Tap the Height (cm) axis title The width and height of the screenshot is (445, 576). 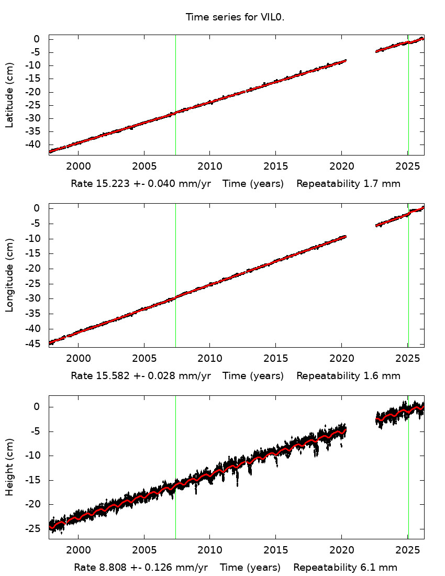coord(9,467)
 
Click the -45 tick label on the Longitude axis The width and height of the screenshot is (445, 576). coord(34,344)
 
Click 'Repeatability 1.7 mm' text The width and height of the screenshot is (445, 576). coord(348,184)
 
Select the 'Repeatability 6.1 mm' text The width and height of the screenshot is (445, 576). coord(345,567)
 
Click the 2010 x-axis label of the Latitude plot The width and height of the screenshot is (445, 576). coord(209,167)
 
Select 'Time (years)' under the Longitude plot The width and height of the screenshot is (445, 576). coord(253,375)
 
